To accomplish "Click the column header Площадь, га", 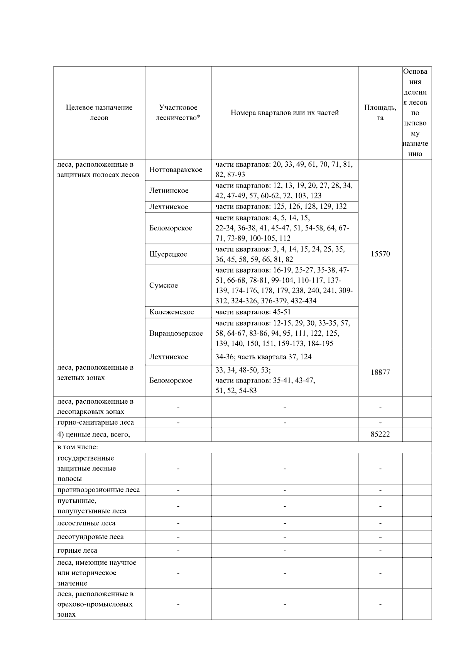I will [x=380, y=113].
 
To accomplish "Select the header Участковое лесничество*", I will [x=178, y=113].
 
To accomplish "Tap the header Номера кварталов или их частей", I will [x=284, y=113].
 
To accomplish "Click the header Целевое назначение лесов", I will [x=99, y=113].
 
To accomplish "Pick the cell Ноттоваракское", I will [x=176, y=170].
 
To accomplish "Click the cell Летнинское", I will [x=169, y=191].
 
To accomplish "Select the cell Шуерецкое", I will [x=168, y=254].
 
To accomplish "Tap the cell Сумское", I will [x=164, y=286].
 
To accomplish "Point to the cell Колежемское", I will [x=171, y=312].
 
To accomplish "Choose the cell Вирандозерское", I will [x=176, y=333].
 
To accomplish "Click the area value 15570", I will [x=380, y=254].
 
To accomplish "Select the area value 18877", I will [x=380, y=372].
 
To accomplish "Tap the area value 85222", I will [x=380, y=435].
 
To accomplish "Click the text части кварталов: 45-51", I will [x=253, y=312].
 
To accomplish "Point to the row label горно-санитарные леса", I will [x=96, y=422].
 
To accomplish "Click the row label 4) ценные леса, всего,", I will [x=94, y=435].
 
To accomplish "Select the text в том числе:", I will [x=78, y=447].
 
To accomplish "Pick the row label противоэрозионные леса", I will [x=98, y=490].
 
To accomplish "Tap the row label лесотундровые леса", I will [x=90, y=537].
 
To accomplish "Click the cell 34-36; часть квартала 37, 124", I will [x=263, y=357].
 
